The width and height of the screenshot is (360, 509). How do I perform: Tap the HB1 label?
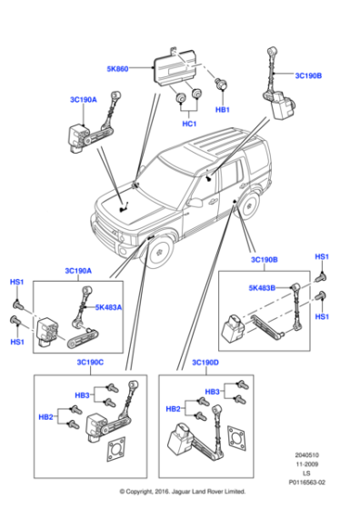pyautogui.click(x=223, y=110)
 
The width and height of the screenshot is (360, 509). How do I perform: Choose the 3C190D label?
pyautogui.click(x=205, y=363)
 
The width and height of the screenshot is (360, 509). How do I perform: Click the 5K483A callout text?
pyautogui.click(x=107, y=306)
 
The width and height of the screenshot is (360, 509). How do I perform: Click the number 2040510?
pyautogui.click(x=307, y=452)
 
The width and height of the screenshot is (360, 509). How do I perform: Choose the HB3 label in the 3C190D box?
pyautogui.click(x=212, y=391)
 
